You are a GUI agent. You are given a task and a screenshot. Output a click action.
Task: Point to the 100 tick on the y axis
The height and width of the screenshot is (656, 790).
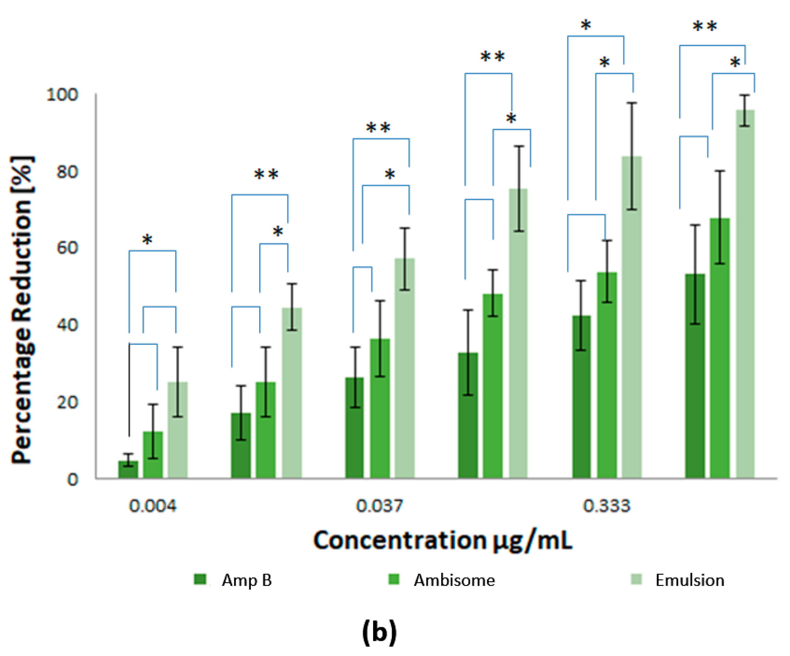pos(62,95)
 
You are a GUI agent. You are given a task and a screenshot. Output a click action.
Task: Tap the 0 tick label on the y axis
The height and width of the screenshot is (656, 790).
pos(73,480)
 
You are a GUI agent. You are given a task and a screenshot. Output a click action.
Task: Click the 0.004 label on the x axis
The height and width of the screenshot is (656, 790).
pos(152,506)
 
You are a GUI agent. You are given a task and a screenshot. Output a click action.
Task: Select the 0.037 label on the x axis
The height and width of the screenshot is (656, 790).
pos(379,506)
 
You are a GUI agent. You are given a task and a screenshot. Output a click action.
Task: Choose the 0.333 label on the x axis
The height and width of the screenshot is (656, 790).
pos(606,506)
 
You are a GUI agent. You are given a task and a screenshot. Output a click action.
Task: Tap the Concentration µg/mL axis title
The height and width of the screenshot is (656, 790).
pos(443,541)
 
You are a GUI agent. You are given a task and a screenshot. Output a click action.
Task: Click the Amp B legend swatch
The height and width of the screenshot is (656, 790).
pos(200,580)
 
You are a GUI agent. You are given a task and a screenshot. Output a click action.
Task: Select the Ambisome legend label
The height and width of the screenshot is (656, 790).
pos(454,580)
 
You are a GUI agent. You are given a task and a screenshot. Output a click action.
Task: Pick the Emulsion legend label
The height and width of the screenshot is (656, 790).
pos(689,580)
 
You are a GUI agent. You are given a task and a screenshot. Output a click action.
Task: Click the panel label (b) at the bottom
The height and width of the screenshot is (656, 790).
pos(379,632)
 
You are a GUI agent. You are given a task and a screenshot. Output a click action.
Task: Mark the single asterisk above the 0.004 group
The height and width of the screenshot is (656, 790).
pos(147,239)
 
